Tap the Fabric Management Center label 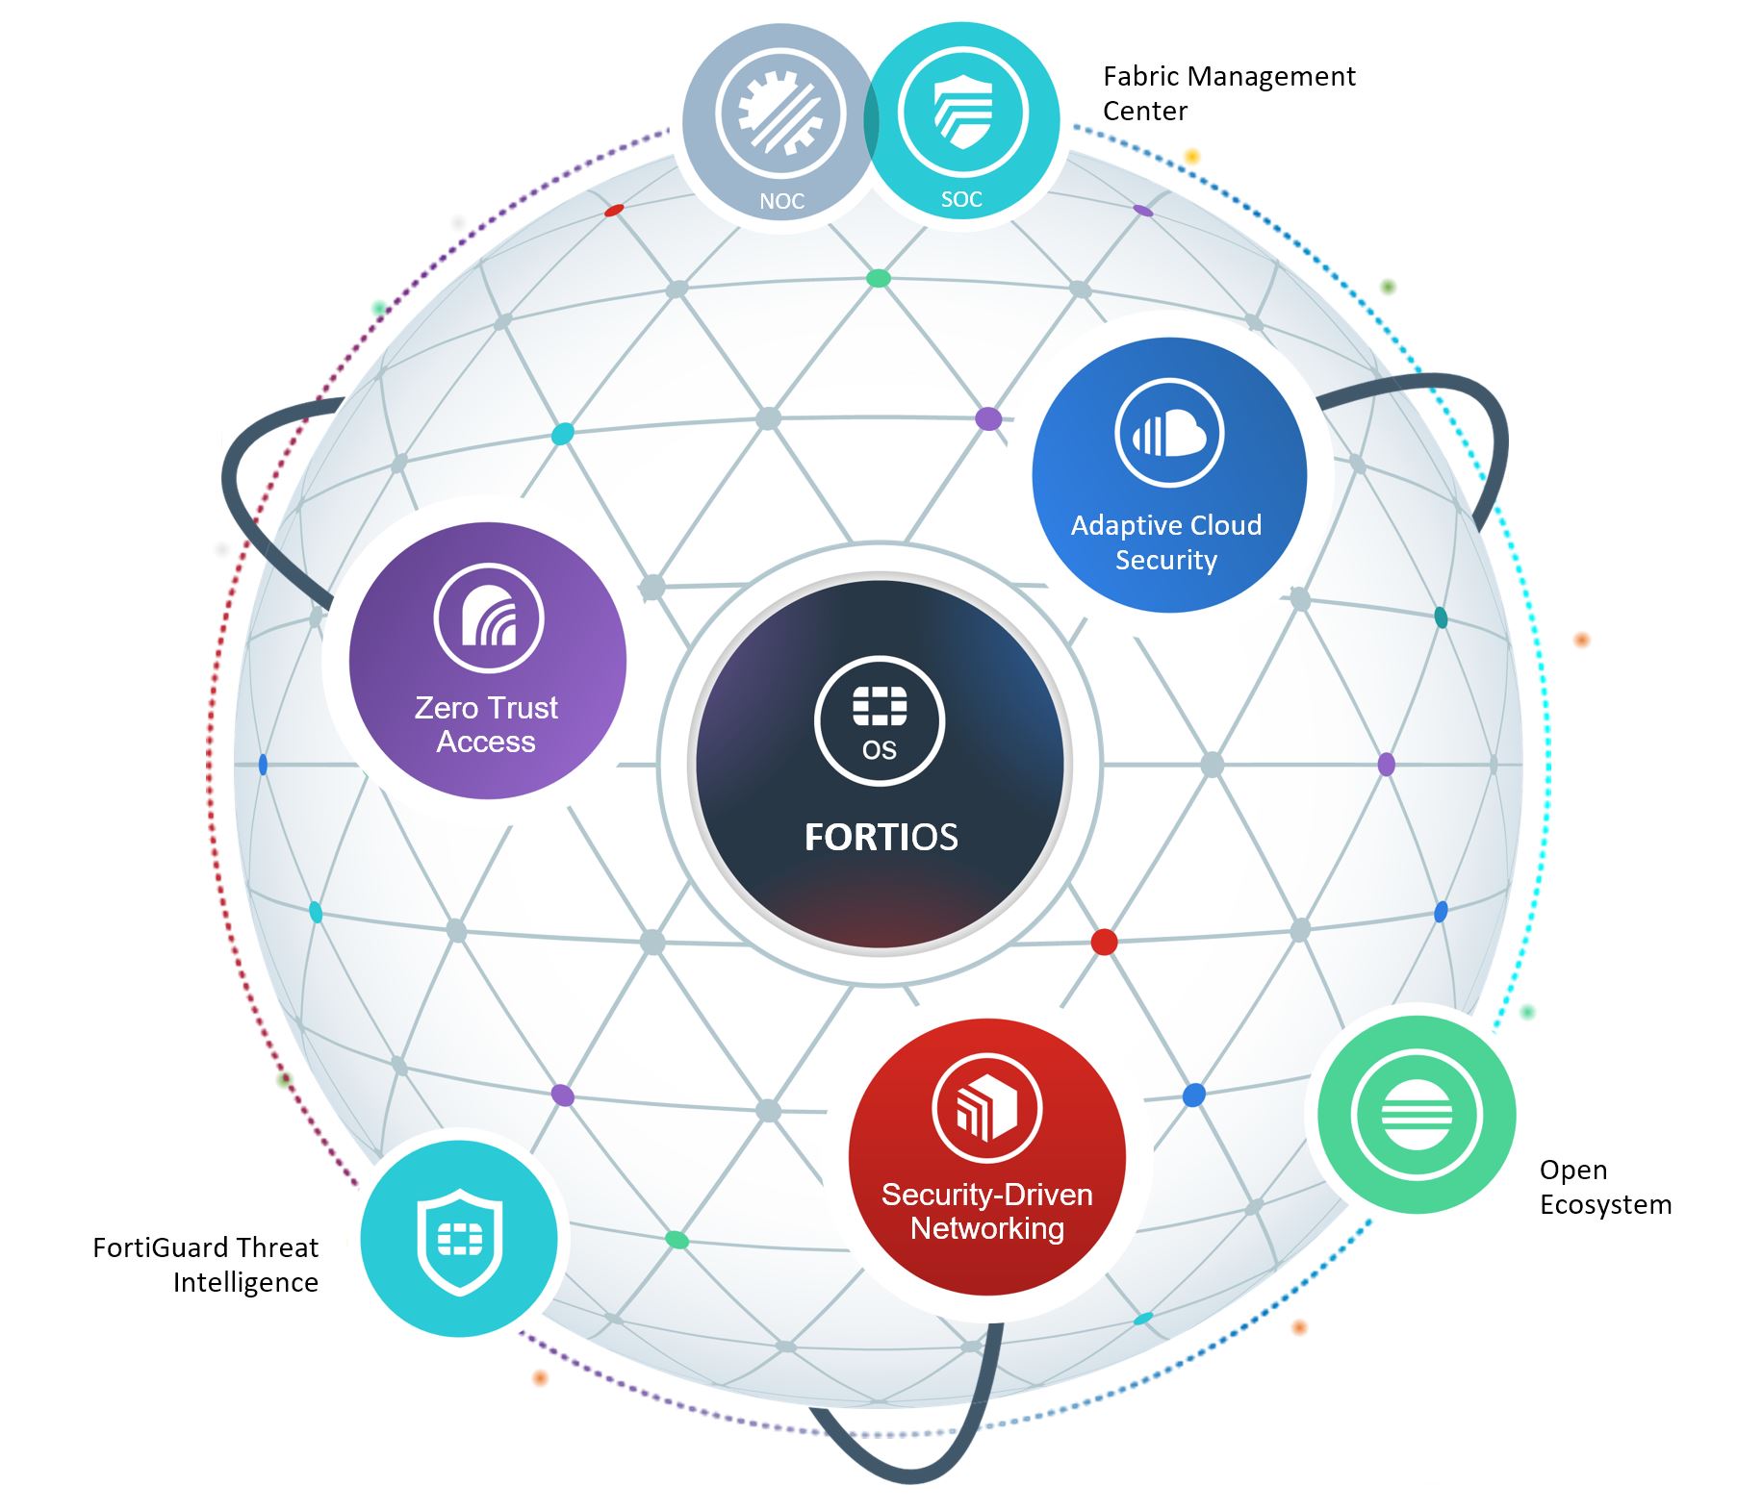pos(1228,93)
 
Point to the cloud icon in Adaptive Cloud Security pos(1168,433)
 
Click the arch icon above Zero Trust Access pos(488,617)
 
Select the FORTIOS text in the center pos(881,837)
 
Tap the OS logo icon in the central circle pos(879,721)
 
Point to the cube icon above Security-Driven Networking pos(986,1107)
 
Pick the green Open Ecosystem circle pos(1416,1116)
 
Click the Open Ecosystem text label pos(1604,1187)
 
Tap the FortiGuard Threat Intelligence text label pos(206,1265)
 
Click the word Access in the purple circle pos(486,743)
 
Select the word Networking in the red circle pos(987,1228)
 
